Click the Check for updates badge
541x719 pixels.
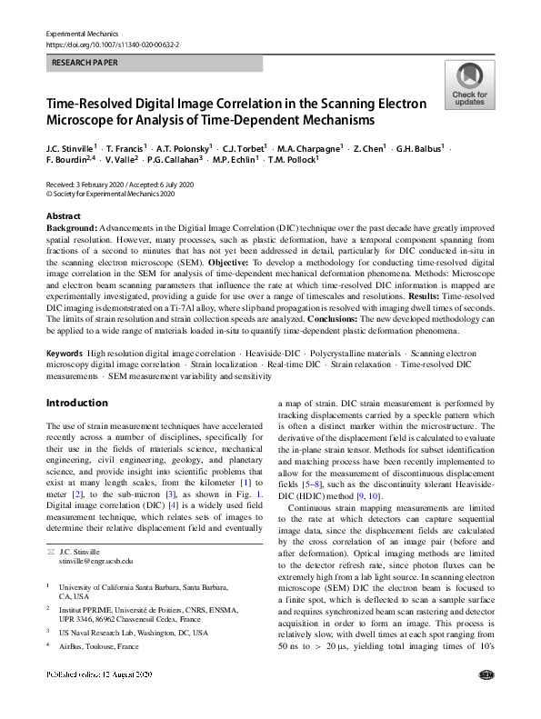468,85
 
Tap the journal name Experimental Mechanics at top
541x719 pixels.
83,32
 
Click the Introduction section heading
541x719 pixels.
76,403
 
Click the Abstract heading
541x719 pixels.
64,215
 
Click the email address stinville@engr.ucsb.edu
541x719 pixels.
95,562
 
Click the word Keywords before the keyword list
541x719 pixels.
65,352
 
